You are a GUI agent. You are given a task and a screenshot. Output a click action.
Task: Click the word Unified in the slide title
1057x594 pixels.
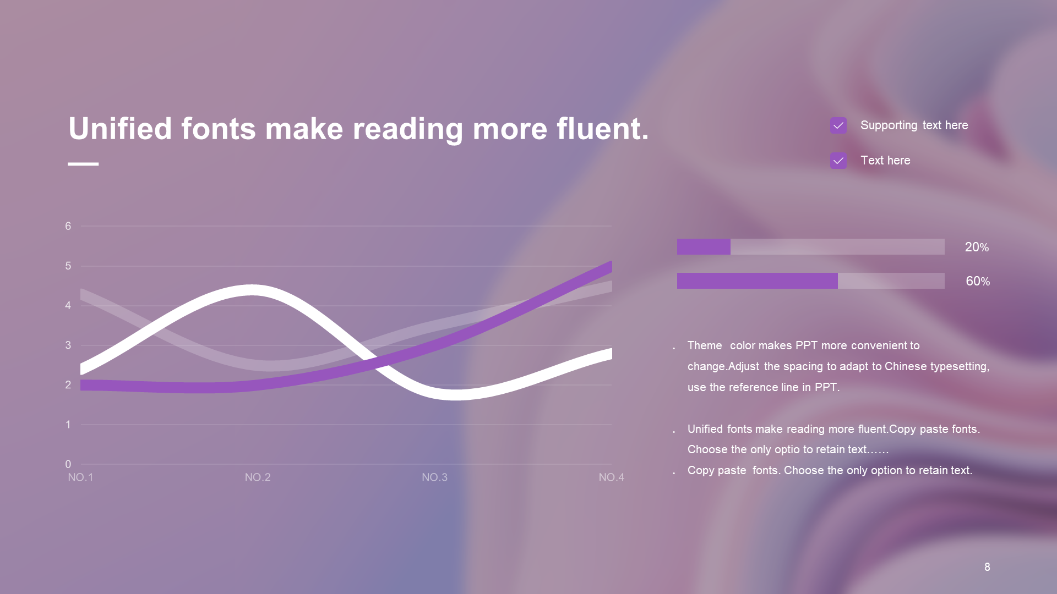(120, 129)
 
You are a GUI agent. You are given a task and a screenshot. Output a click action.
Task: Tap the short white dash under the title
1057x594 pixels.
(83, 164)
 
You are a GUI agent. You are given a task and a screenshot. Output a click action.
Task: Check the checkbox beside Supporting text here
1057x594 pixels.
(838, 125)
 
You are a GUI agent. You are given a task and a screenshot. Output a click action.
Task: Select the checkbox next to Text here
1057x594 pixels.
(838, 161)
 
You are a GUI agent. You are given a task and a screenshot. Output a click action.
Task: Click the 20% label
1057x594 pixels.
(977, 248)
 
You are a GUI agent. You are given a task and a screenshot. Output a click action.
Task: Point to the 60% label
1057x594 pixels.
(978, 282)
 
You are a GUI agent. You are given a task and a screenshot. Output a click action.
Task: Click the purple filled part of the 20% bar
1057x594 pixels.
(704, 246)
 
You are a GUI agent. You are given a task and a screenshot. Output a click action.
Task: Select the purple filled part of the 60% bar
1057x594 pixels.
(758, 280)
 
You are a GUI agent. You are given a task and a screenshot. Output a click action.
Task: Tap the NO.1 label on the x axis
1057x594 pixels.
(80, 477)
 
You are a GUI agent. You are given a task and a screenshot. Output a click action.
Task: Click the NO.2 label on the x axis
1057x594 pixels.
(258, 477)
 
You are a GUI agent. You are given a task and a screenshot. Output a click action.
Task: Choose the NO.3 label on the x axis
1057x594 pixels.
(434, 477)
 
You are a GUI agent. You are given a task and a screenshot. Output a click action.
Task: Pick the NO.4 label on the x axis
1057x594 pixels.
(612, 477)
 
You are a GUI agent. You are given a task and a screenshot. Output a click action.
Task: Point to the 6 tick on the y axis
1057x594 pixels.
(68, 226)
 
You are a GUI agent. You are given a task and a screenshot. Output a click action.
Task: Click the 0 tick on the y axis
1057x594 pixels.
(68, 464)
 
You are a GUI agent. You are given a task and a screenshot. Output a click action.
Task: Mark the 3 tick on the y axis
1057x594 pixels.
(68, 345)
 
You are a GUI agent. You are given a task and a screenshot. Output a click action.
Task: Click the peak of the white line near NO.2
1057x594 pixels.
(252, 290)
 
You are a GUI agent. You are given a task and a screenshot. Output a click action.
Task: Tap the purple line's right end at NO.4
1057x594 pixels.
(612, 267)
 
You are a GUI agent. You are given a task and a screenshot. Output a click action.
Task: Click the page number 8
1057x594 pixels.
(987, 567)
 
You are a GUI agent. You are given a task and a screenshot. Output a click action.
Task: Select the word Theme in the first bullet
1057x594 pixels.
(705, 345)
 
